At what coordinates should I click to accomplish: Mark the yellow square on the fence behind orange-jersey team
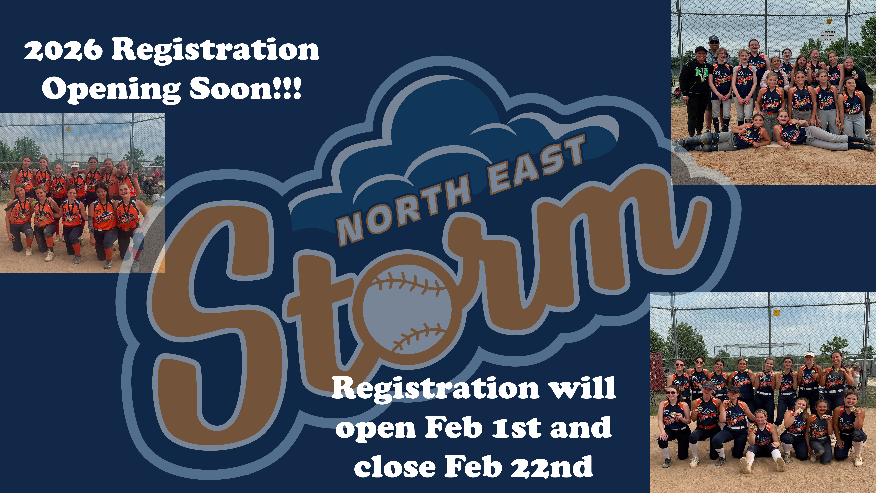click(68, 129)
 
